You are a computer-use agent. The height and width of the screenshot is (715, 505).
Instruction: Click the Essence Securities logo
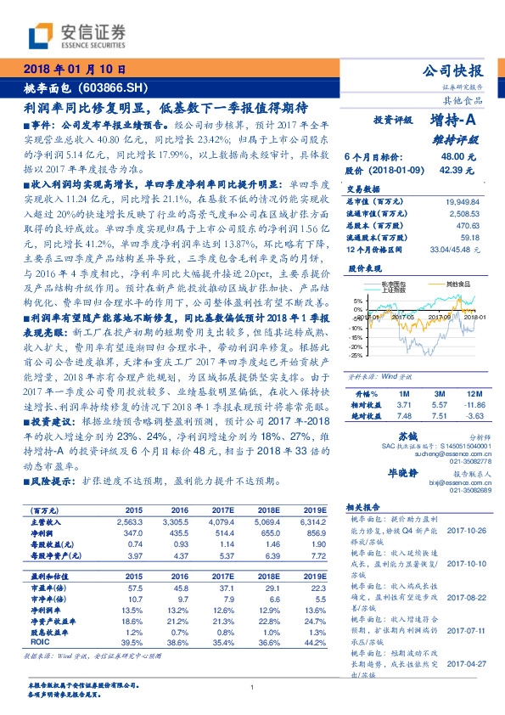click(77, 35)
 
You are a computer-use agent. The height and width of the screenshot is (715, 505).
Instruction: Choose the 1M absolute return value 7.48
click(403, 416)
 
